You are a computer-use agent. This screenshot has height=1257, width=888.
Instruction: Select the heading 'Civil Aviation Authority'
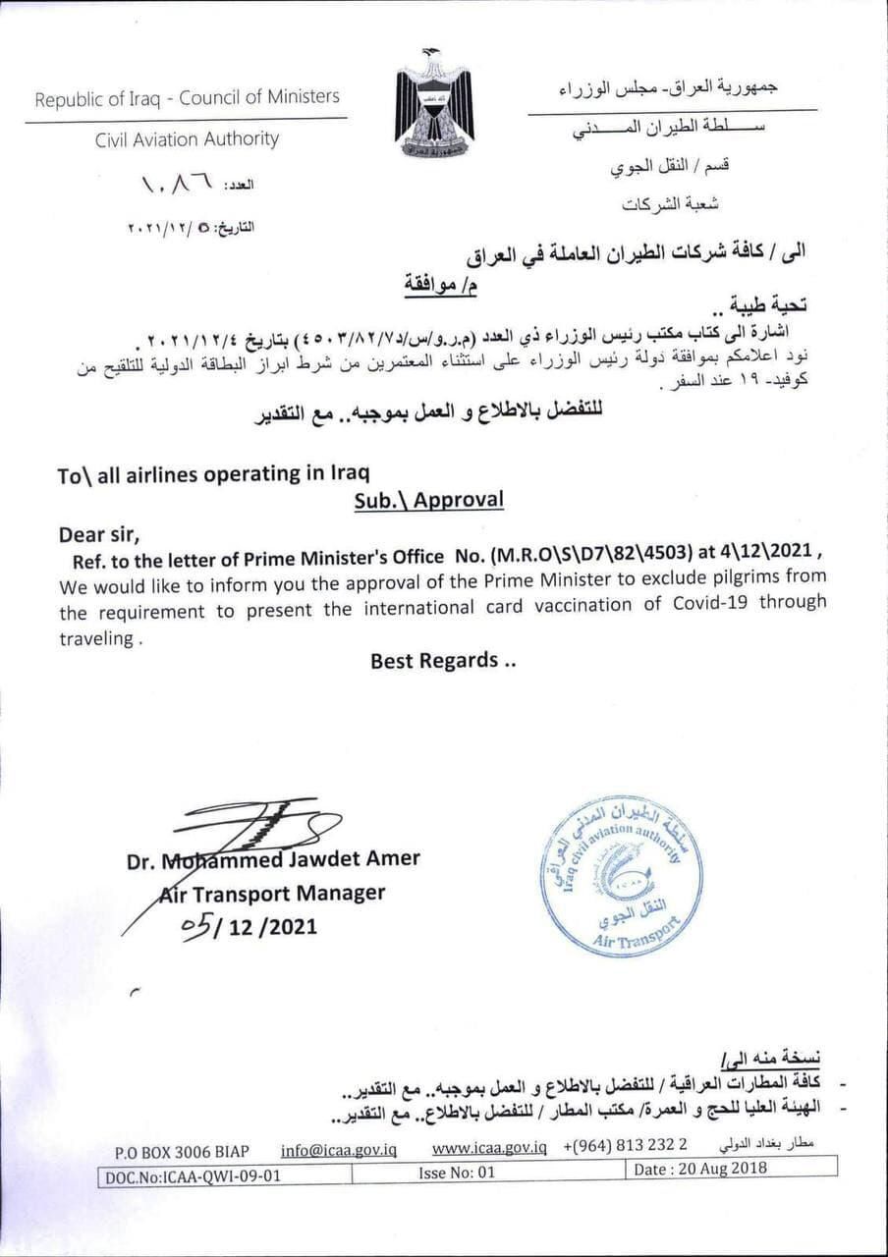[187, 139]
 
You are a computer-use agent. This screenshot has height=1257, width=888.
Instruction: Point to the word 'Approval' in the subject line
[458, 500]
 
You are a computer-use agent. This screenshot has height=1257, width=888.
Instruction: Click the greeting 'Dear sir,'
[100, 534]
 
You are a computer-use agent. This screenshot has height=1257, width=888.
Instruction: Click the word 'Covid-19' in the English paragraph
[709, 602]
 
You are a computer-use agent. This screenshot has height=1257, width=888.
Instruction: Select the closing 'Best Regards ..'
[443, 661]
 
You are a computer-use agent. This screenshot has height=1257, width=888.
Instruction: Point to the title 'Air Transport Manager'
[272, 894]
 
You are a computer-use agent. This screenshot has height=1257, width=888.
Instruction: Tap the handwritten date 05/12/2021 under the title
[250, 926]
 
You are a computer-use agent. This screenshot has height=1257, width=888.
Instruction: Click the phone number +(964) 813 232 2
[626, 1147]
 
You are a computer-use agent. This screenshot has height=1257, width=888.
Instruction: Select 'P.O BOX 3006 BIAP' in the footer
[182, 1151]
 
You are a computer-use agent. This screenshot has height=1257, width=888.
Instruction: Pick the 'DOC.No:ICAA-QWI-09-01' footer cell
[190, 1174]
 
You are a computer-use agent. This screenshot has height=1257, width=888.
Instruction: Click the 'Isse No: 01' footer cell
[457, 1172]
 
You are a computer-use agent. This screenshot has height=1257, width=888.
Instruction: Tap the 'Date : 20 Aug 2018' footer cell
[700, 1169]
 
